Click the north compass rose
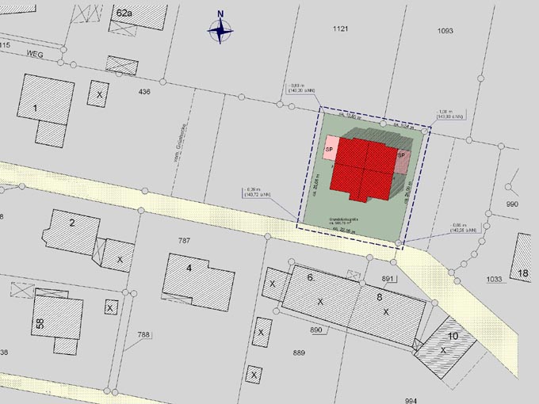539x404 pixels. (x=220, y=30)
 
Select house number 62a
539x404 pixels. (x=124, y=13)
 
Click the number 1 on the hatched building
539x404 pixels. (x=35, y=107)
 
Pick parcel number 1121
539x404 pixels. (x=341, y=29)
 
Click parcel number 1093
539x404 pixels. (x=445, y=31)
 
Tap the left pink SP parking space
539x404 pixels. (x=330, y=149)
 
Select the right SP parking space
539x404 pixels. (x=401, y=155)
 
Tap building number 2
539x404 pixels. (x=72, y=223)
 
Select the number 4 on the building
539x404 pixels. (x=189, y=268)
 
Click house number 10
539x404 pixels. (x=453, y=336)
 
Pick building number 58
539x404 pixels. (x=39, y=323)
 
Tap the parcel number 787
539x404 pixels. (x=185, y=240)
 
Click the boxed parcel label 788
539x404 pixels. (x=143, y=335)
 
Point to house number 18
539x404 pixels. (x=523, y=274)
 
